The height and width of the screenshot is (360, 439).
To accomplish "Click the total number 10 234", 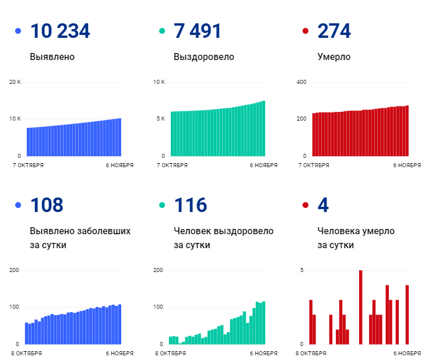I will pyautogui.click(x=59, y=31).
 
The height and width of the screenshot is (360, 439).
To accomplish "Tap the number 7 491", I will pyautogui.click(x=197, y=31).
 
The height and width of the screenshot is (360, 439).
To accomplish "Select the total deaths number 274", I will pyautogui.click(x=334, y=31).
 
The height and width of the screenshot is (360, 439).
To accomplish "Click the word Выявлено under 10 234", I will pyautogui.click(x=52, y=57).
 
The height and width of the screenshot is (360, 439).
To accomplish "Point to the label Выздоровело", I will pyautogui.click(x=203, y=57).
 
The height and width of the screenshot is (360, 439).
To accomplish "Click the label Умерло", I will pyautogui.click(x=334, y=57).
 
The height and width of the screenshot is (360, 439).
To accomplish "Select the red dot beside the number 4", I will pyautogui.click(x=305, y=205).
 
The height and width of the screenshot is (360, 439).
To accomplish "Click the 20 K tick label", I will pyautogui.click(x=15, y=82).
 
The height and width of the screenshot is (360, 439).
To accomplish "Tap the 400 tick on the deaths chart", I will pyautogui.click(x=301, y=82).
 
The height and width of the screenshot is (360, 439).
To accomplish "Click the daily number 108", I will pyautogui.click(x=47, y=205).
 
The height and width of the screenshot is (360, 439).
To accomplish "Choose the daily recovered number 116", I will pyautogui.click(x=190, y=205).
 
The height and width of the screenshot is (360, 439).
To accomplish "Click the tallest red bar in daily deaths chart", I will pyautogui.click(x=361, y=307).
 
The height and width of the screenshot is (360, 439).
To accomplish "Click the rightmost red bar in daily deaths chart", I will pyautogui.click(x=407, y=315).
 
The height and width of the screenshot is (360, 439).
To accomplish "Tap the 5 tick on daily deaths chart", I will pyautogui.click(x=302, y=270).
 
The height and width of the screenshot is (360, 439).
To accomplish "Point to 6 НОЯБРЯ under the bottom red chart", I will pyautogui.click(x=407, y=353).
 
